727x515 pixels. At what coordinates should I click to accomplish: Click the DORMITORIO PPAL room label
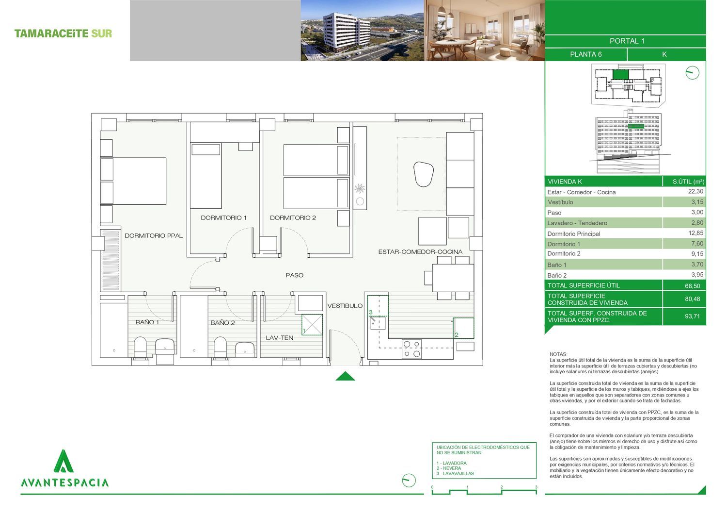(154, 236)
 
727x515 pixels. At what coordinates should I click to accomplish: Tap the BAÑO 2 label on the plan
(223, 323)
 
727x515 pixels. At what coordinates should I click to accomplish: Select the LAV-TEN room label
(280, 338)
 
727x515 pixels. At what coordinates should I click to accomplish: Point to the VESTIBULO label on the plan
(345, 306)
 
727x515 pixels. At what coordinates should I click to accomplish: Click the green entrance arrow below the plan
(345, 377)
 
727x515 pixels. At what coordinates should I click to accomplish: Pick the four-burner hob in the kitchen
(412, 349)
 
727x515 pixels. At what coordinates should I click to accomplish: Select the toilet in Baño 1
(141, 348)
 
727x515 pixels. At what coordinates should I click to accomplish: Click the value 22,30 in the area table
(696, 192)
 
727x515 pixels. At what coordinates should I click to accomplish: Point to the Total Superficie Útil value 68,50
(692, 286)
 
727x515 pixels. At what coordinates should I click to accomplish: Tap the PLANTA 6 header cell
(586, 55)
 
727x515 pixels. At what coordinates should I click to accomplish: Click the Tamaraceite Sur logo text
(63, 33)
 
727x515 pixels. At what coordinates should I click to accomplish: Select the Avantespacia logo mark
(63, 461)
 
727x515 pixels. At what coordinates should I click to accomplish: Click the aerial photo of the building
(363, 31)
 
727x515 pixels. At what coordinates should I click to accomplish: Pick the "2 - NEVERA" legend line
(449, 469)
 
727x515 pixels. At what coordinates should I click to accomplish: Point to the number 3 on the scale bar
(536, 487)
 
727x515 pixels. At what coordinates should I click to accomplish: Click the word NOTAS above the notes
(558, 355)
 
